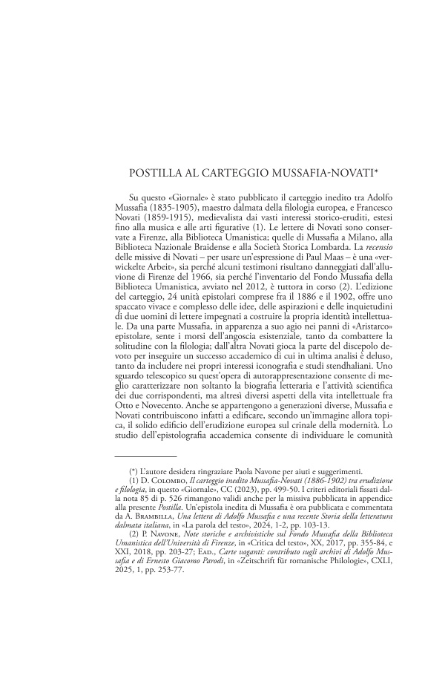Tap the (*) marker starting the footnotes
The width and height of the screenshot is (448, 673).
coord(134,471)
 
